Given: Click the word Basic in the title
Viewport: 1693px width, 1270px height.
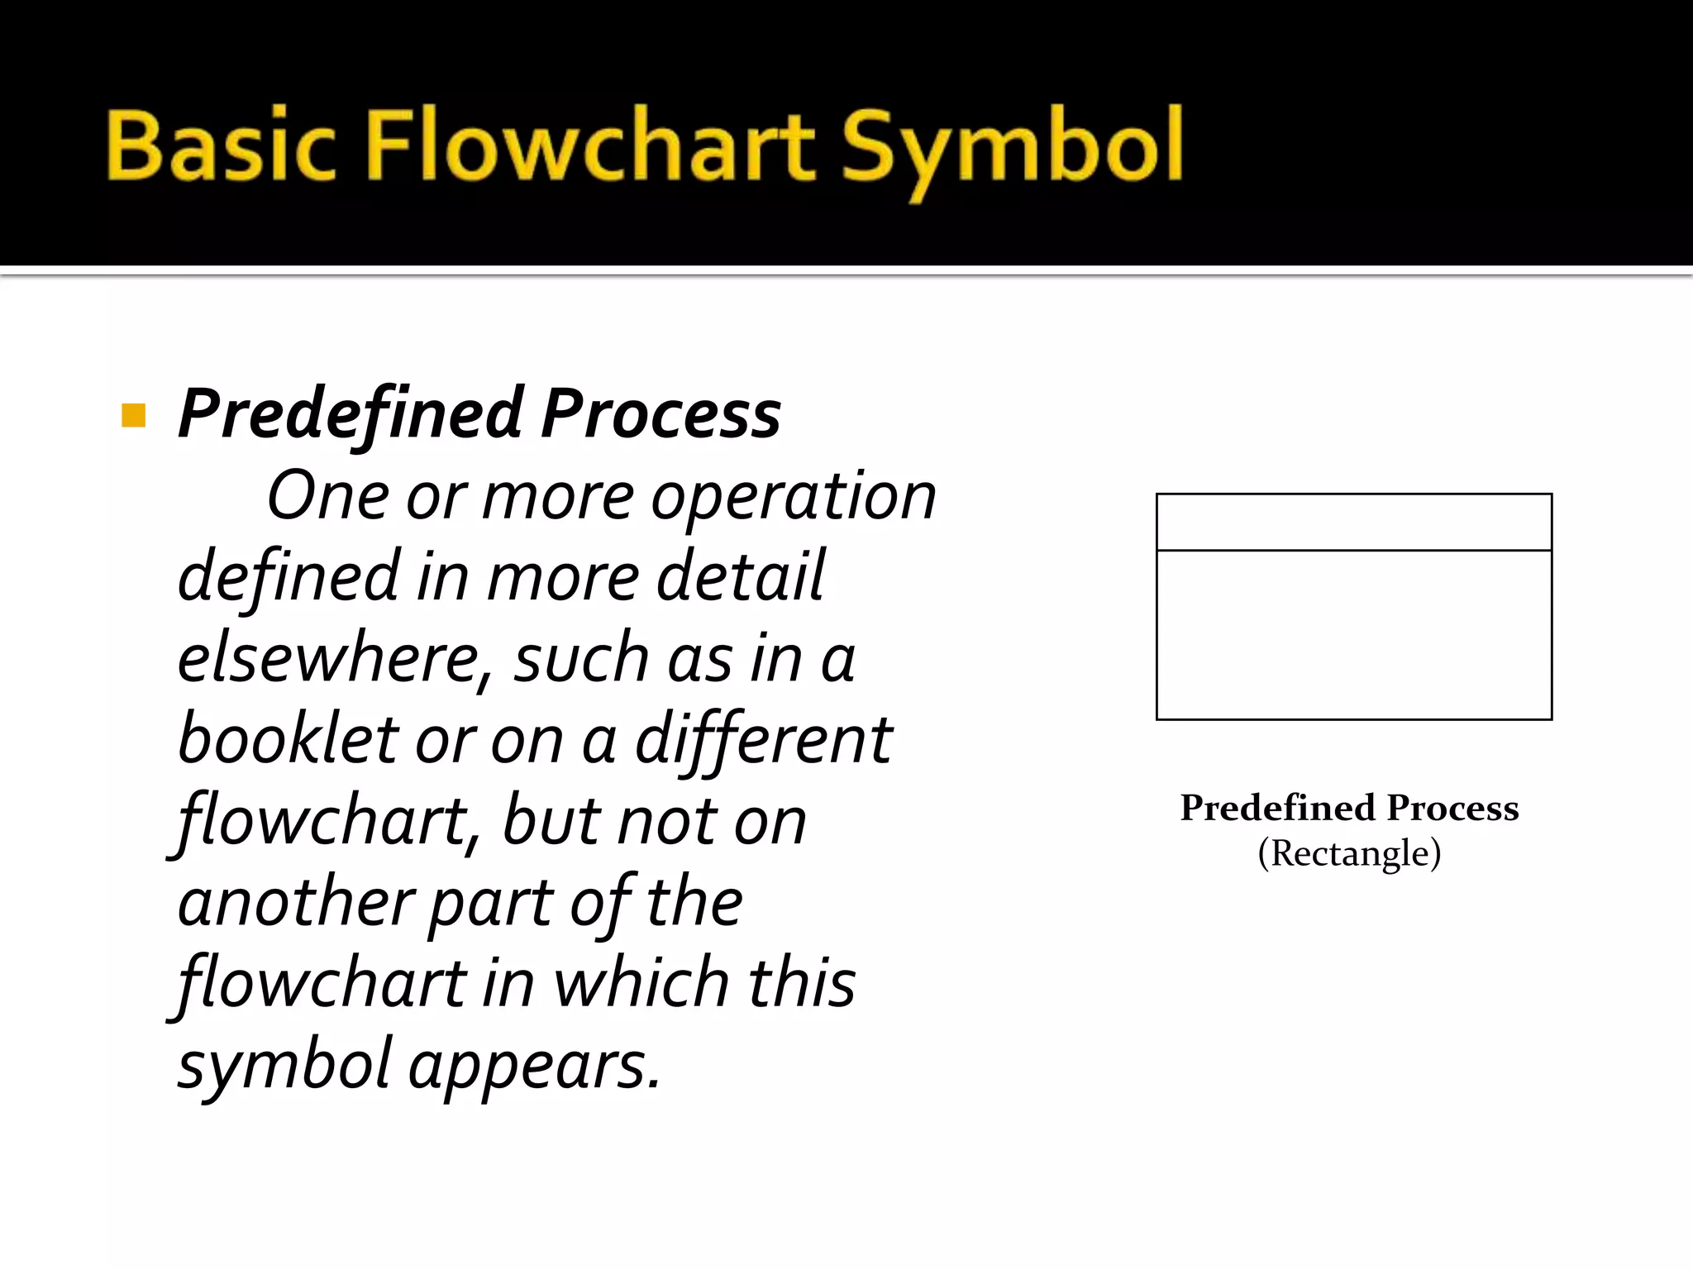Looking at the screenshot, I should pos(221,146).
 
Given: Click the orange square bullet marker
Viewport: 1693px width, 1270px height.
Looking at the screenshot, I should pos(133,415).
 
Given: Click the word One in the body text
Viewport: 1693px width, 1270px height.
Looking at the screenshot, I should pos(327,496).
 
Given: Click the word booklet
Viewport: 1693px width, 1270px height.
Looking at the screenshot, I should pos(286,738).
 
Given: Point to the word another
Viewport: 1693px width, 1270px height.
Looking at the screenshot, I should pos(296,902).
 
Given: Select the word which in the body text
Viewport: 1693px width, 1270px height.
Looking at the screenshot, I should pos(641,983).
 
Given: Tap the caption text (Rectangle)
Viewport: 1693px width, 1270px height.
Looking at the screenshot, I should pos(1349,853).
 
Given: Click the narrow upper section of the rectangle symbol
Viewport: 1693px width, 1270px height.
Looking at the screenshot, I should pos(1354,522).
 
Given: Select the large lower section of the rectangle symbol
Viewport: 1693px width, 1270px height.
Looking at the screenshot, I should pos(1354,635).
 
